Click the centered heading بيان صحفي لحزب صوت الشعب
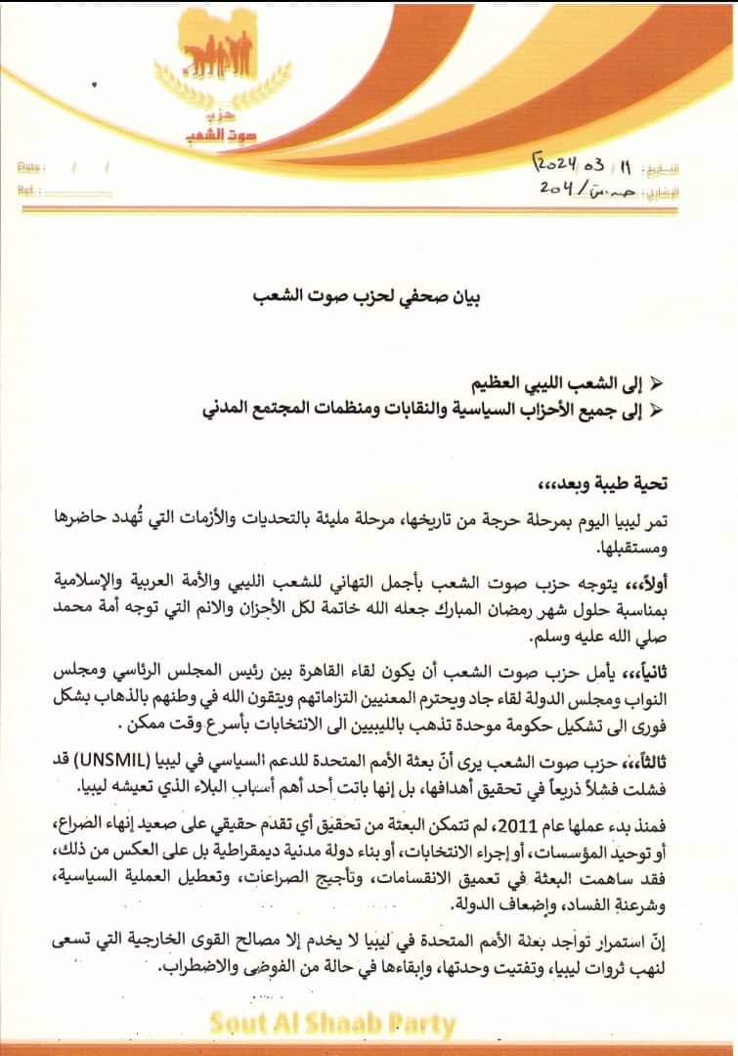[x=369, y=293]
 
